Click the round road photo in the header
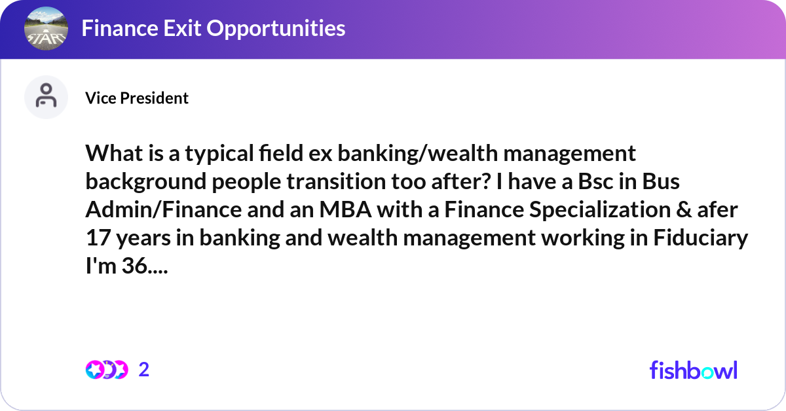(x=45, y=28)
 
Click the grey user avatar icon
(x=46, y=98)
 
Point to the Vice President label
(x=137, y=98)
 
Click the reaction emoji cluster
(x=107, y=370)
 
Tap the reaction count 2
(x=144, y=370)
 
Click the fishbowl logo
(x=693, y=370)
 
